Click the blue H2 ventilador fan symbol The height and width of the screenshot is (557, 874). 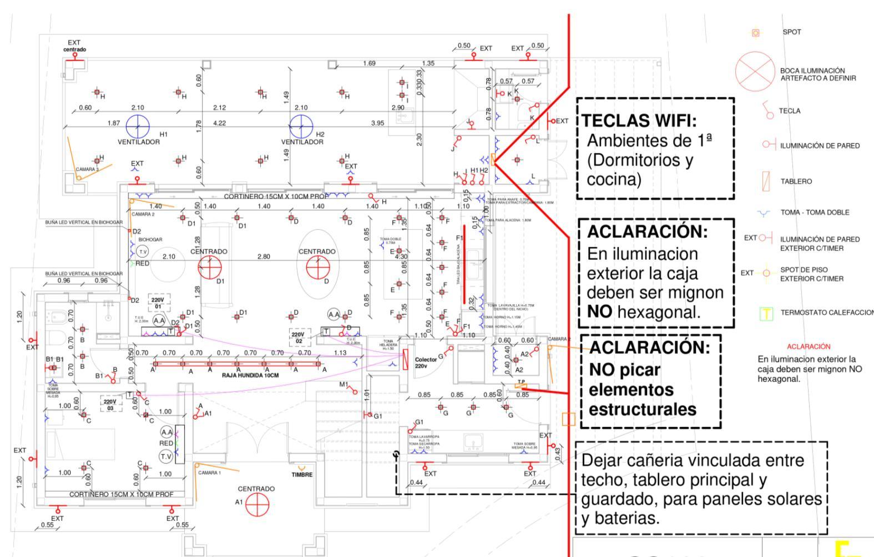coord(301,127)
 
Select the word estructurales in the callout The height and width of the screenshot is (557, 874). coord(642,410)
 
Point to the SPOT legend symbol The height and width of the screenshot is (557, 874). coord(755,33)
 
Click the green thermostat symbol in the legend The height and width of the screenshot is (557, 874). coord(766,314)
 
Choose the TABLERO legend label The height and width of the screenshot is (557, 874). coord(796,182)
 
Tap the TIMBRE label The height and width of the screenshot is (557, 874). coord(302,475)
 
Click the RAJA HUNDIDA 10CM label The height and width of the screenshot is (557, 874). coord(250,375)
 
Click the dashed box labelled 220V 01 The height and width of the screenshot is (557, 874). coord(158,303)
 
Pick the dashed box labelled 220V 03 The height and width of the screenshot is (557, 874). coord(110,404)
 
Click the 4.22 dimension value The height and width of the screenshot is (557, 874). coord(220,123)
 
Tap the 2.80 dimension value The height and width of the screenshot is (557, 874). coord(264,257)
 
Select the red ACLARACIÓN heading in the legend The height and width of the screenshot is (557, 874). coord(809,347)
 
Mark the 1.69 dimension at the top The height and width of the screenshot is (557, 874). coord(369,63)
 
